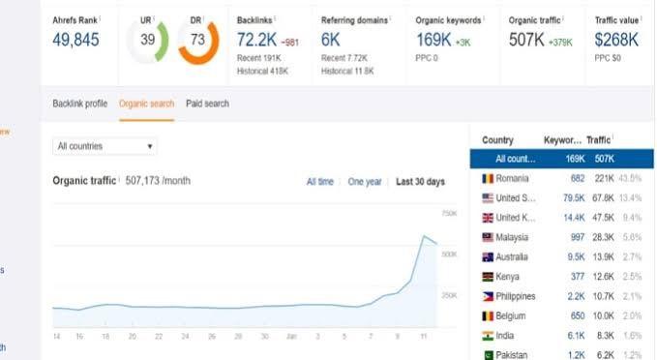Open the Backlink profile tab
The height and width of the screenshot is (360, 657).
(x=80, y=103)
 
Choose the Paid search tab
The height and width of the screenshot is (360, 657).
(x=207, y=103)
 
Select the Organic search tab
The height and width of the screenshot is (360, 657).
(x=146, y=103)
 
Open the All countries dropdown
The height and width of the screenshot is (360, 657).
(x=105, y=146)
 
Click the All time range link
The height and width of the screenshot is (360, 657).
(x=319, y=182)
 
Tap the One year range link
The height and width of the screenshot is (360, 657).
(x=365, y=182)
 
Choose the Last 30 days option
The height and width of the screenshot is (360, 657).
(x=420, y=182)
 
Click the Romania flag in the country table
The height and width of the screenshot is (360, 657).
(x=488, y=179)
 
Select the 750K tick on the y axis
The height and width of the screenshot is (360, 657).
(x=448, y=213)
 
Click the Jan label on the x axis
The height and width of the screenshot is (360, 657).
(x=291, y=336)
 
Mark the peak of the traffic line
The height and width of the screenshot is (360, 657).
(x=423, y=235)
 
